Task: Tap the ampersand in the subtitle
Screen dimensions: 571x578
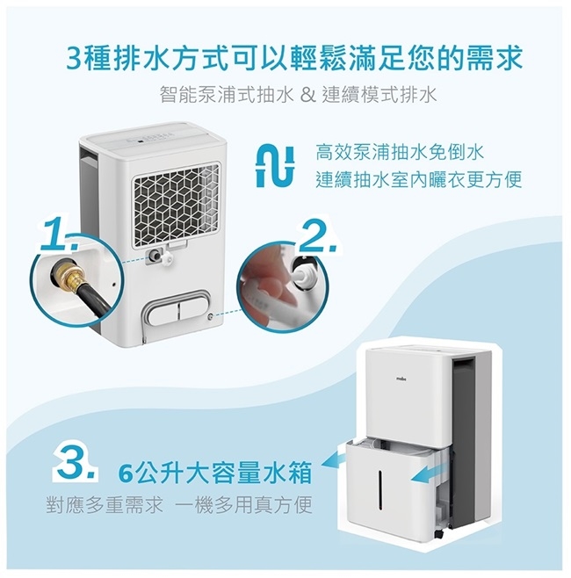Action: (x=307, y=95)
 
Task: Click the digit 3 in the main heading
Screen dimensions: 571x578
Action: (x=75, y=58)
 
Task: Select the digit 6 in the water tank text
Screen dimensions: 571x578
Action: (x=126, y=473)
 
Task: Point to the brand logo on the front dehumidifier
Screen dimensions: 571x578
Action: (x=401, y=379)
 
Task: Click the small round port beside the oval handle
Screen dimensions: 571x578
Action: (x=211, y=316)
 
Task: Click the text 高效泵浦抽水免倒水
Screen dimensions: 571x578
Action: (x=400, y=152)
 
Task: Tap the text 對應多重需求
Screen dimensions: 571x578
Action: (x=105, y=505)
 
